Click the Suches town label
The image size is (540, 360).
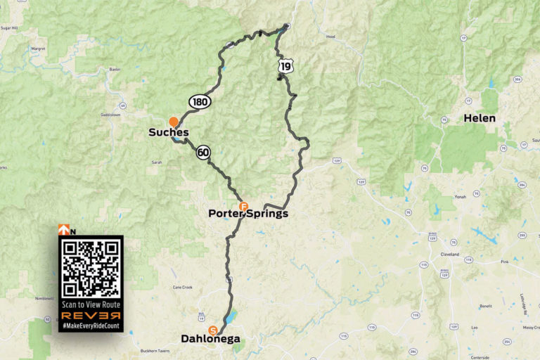tap(169, 132)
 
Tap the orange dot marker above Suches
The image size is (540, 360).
tap(174, 122)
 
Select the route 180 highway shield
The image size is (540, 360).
tap(199, 102)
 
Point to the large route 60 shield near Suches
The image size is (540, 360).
tap(203, 152)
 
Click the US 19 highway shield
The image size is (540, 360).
tap(285, 66)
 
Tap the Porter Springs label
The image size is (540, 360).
tap(248, 214)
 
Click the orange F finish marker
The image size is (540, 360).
tap(244, 206)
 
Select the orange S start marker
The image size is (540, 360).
tap(212, 330)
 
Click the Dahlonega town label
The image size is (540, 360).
tap(211, 340)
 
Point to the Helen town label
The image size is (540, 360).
tap(480, 118)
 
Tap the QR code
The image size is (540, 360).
tap(91, 269)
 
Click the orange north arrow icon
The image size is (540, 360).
tap(63, 229)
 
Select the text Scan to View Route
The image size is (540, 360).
tap(91, 304)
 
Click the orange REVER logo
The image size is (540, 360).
tap(91, 316)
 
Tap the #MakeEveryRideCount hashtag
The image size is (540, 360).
tap(91, 326)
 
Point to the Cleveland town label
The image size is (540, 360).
tap(450, 254)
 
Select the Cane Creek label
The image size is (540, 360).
tap(183, 287)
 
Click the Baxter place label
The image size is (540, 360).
tap(116, 70)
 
